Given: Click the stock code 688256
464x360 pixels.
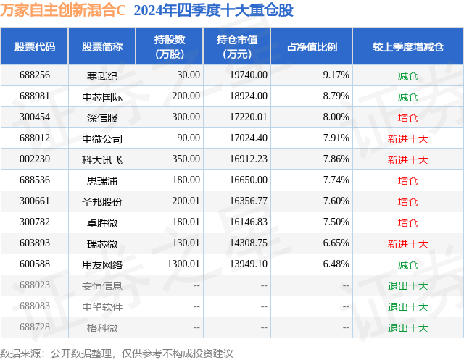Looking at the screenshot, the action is (35, 75).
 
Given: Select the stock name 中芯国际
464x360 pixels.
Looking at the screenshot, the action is (102, 97).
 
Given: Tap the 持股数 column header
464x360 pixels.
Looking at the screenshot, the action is (170, 46).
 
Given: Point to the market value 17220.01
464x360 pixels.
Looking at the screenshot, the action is (249, 117).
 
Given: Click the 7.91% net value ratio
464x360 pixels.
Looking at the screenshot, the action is (336, 138).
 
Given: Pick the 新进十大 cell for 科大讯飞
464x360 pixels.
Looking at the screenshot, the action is (407, 160).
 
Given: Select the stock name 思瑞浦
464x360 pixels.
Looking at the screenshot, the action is (102, 181).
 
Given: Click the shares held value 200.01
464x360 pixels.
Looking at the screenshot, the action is (186, 201).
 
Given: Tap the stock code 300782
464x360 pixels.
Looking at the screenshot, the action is (35, 222).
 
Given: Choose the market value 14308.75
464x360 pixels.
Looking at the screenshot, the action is (249, 243).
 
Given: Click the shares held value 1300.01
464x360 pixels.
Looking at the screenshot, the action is (183, 264).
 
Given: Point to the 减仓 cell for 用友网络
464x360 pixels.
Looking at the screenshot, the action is (407, 265).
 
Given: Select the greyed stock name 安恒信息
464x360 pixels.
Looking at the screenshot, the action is (102, 286).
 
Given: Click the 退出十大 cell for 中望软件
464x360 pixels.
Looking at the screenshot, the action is (407, 307).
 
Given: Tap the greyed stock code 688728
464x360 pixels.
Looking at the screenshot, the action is (35, 327).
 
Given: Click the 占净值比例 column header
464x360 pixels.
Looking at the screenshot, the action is (312, 47).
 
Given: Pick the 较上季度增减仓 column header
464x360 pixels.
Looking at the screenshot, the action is (408, 47).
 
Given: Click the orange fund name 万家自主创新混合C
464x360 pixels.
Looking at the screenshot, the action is (63, 10).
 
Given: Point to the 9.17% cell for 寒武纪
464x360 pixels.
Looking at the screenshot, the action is (336, 75).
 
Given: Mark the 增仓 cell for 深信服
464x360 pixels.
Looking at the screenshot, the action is (407, 118).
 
